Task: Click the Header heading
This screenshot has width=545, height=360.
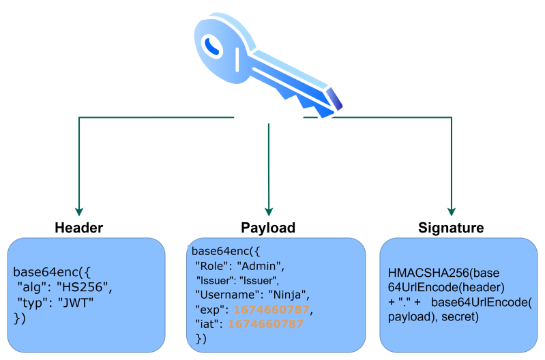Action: (x=78, y=227)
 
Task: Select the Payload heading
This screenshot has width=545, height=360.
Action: (x=268, y=227)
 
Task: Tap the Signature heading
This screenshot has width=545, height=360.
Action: (x=451, y=227)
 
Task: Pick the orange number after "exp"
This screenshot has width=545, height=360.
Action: (x=271, y=310)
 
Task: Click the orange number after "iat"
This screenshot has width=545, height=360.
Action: (x=265, y=325)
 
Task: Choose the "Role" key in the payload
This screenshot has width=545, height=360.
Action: (x=211, y=265)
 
